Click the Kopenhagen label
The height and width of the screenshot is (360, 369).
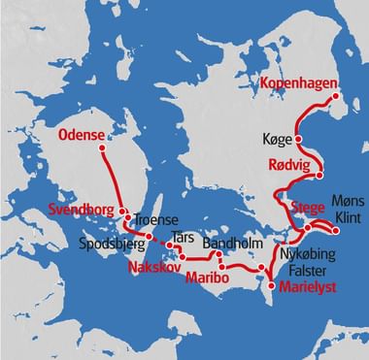click(x=296, y=84)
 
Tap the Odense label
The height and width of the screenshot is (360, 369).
click(x=82, y=134)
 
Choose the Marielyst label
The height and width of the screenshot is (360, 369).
click(x=307, y=287)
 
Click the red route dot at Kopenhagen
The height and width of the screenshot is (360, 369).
click(x=336, y=95)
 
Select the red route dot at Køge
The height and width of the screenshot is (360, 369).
click(x=298, y=142)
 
